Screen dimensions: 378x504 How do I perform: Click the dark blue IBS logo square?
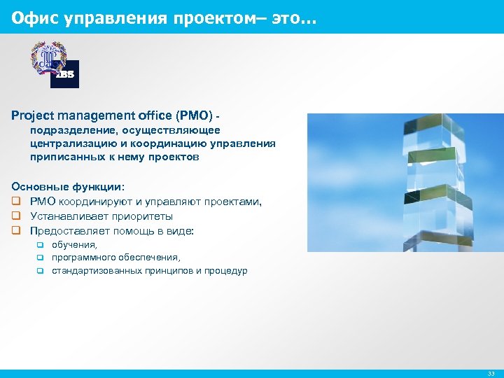click(64, 74)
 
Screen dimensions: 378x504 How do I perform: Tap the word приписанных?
click(63, 157)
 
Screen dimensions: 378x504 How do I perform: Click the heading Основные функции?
click(68, 187)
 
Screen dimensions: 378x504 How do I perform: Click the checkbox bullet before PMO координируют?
click(15, 202)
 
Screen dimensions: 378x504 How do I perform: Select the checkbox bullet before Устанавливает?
click(15, 216)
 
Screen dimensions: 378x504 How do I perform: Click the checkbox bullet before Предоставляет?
click(15, 230)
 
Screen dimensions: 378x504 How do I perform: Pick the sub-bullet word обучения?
click(74, 244)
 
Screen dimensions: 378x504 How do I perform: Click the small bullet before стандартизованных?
click(41, 271)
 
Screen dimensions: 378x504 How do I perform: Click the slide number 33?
click(491, 374)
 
